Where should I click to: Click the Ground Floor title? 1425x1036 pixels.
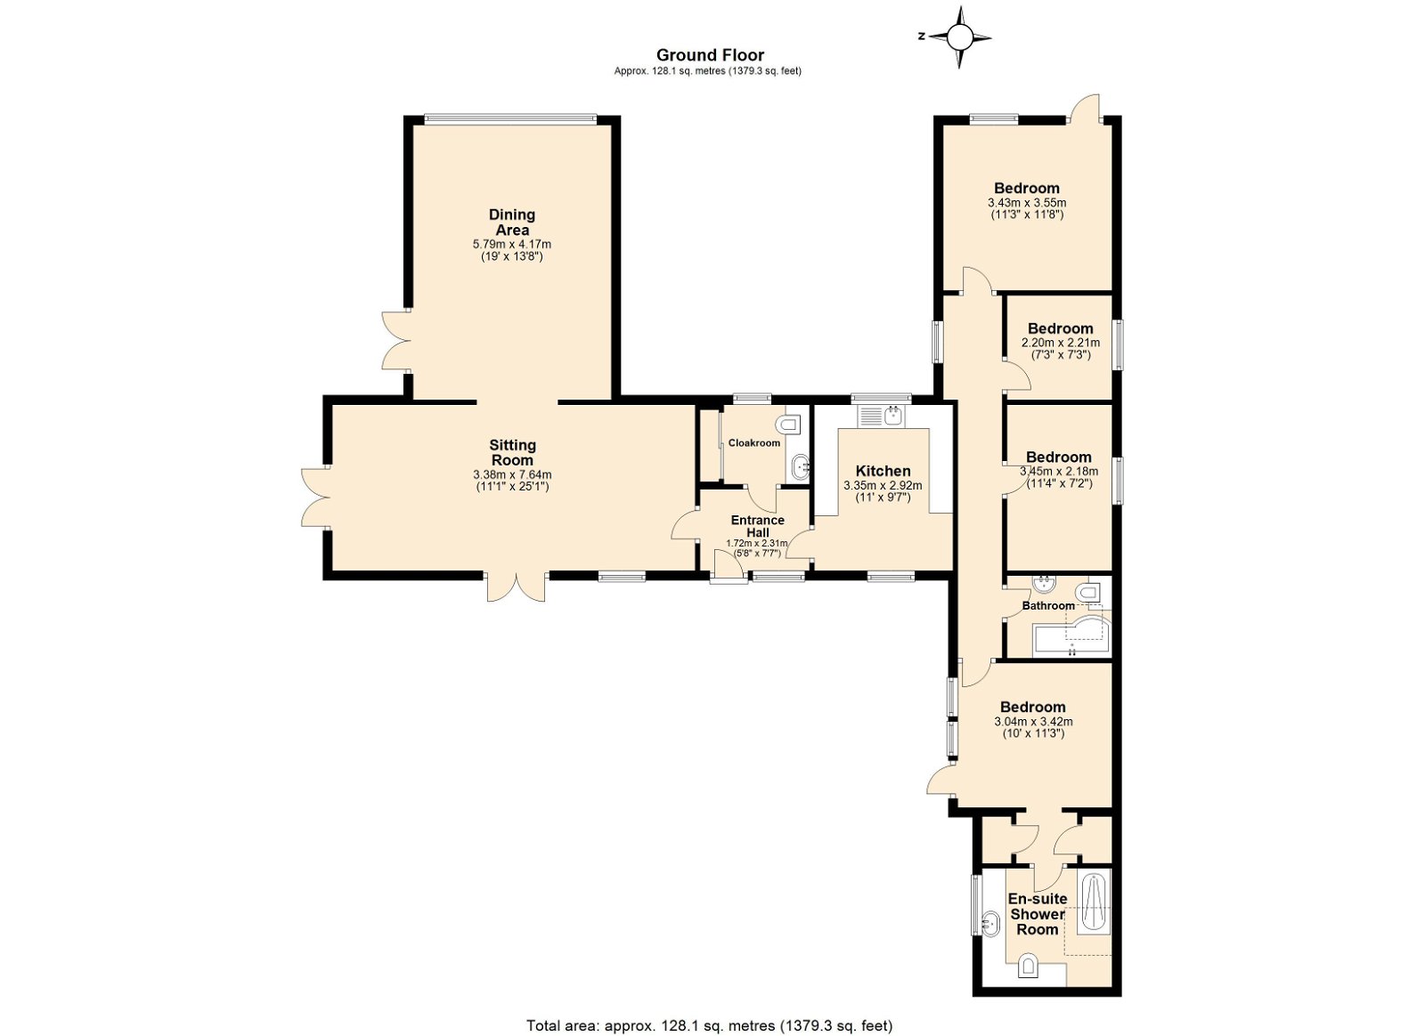pyautogui.click(x=710, y=55)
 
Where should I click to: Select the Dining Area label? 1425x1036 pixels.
pyautogui.click(x=512, y=222)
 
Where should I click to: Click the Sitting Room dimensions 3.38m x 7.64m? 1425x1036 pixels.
pyautogui.click(x=512, y=474)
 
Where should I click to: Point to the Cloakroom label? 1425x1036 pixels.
pyautogui.click(x=753, y=443)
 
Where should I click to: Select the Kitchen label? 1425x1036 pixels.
pyautogui.click(x=883, y=471)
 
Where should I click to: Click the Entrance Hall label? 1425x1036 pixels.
pyautogui.click(x=757, y=526)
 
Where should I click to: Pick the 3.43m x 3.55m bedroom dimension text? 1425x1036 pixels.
pyautogui.click(x=1027, y=203)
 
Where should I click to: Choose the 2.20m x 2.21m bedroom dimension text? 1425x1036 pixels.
pyautogui.click(x=1061, y=343)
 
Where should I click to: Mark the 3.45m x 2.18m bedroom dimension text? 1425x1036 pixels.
pyautogui.click(x=1059, y=472)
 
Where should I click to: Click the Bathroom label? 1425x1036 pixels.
pyautogui.click(x=1048, y=606)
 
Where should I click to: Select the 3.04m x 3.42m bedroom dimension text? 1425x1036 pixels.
pyautogui.click(x=1033, y=722)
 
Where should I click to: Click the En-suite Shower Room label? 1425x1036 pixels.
pyautogui.click(x=1038, y=914)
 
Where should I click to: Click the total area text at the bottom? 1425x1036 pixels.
pyautogui.click(x=710, y=1008)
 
